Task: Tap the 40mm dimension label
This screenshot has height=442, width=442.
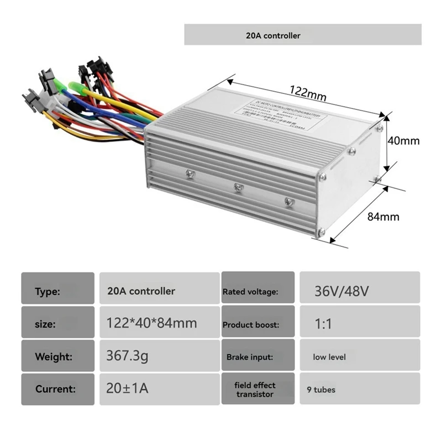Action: point(403,140)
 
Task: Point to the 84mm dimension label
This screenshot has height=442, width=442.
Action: point(383,216)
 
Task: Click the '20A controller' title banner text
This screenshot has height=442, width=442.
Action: point(273,35)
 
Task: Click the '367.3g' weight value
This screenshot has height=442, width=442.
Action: point(127,356)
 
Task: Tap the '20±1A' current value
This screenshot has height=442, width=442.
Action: point(127,388)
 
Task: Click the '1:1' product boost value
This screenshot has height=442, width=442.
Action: point(323,323)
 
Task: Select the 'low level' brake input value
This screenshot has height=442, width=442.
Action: point(329,357)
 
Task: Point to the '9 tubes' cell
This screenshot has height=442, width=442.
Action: point(321,389)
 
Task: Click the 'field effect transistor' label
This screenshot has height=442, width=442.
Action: point(255,389)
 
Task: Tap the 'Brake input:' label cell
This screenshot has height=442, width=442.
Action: point(250,357)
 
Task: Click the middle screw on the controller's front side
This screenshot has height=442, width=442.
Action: point(238,187)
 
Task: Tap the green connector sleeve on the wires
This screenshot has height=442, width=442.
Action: point(76,87)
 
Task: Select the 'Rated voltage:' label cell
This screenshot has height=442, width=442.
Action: point(250,291)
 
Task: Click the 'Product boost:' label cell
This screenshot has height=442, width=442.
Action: point(251,324)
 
